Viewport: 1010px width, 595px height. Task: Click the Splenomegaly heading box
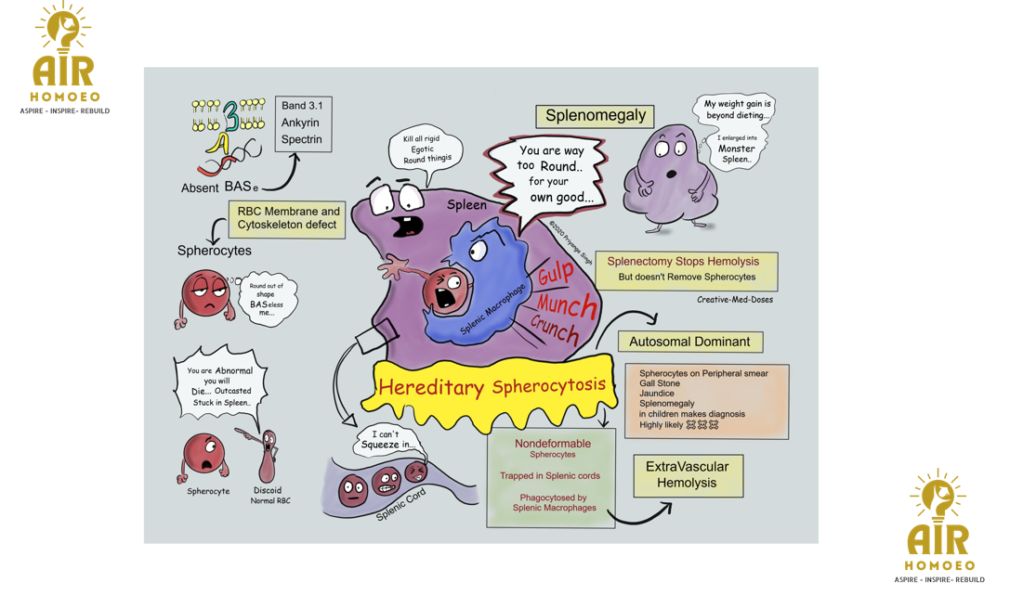(595, 116)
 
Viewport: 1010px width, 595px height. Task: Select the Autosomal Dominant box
(689, 342)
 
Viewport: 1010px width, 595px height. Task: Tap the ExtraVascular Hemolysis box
(688, 474)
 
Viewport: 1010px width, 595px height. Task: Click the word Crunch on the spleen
(556, 330)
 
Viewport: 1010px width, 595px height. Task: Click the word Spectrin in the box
(302, 139)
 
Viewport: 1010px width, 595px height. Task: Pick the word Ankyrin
(300, 123)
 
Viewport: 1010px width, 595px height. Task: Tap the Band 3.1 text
(302, 106)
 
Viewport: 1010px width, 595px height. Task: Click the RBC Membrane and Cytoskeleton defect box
(288, 218)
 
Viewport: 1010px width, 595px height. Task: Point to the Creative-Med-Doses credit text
(735, 300)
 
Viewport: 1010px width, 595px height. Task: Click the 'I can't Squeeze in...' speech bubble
(387, 439)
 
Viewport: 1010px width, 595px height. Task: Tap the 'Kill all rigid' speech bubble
(426, 149)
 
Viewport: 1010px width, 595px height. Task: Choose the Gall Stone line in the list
(660, 383)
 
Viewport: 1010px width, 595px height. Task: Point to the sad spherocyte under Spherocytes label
(203, 295)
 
